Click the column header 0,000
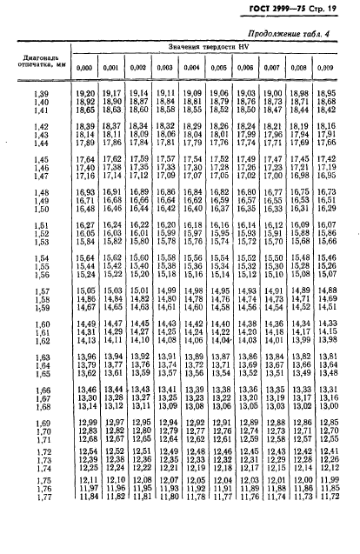[x=84, y=67]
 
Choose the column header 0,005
[x=220, y=67]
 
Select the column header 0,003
[x=166, y=67]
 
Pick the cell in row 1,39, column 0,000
[x=85, y=92]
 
